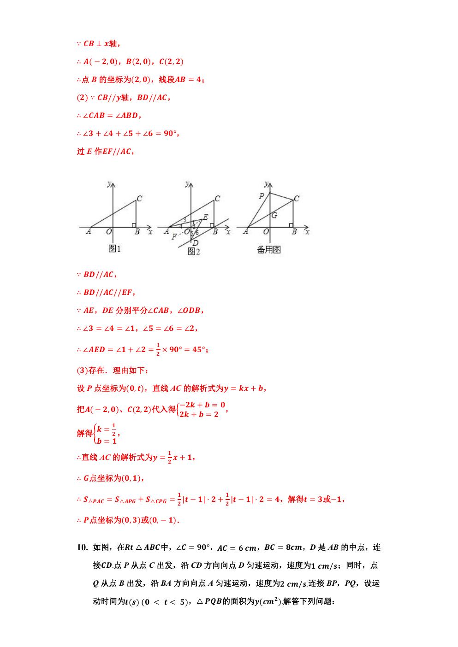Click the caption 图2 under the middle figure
coord(194,251)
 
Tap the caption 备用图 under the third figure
coord(269,250)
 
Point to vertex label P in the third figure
coord(262,196)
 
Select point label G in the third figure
coord(274,215)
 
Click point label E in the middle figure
coord(205,217)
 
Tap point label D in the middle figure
coord(195,243)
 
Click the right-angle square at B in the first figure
coord(134,225)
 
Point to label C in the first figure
coord(139,198)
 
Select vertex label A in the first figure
coord(88,232)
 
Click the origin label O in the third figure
coord(267,232)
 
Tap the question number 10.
coord(82,547)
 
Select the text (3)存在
coord(95,371)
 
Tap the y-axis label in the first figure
coord(109,184)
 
